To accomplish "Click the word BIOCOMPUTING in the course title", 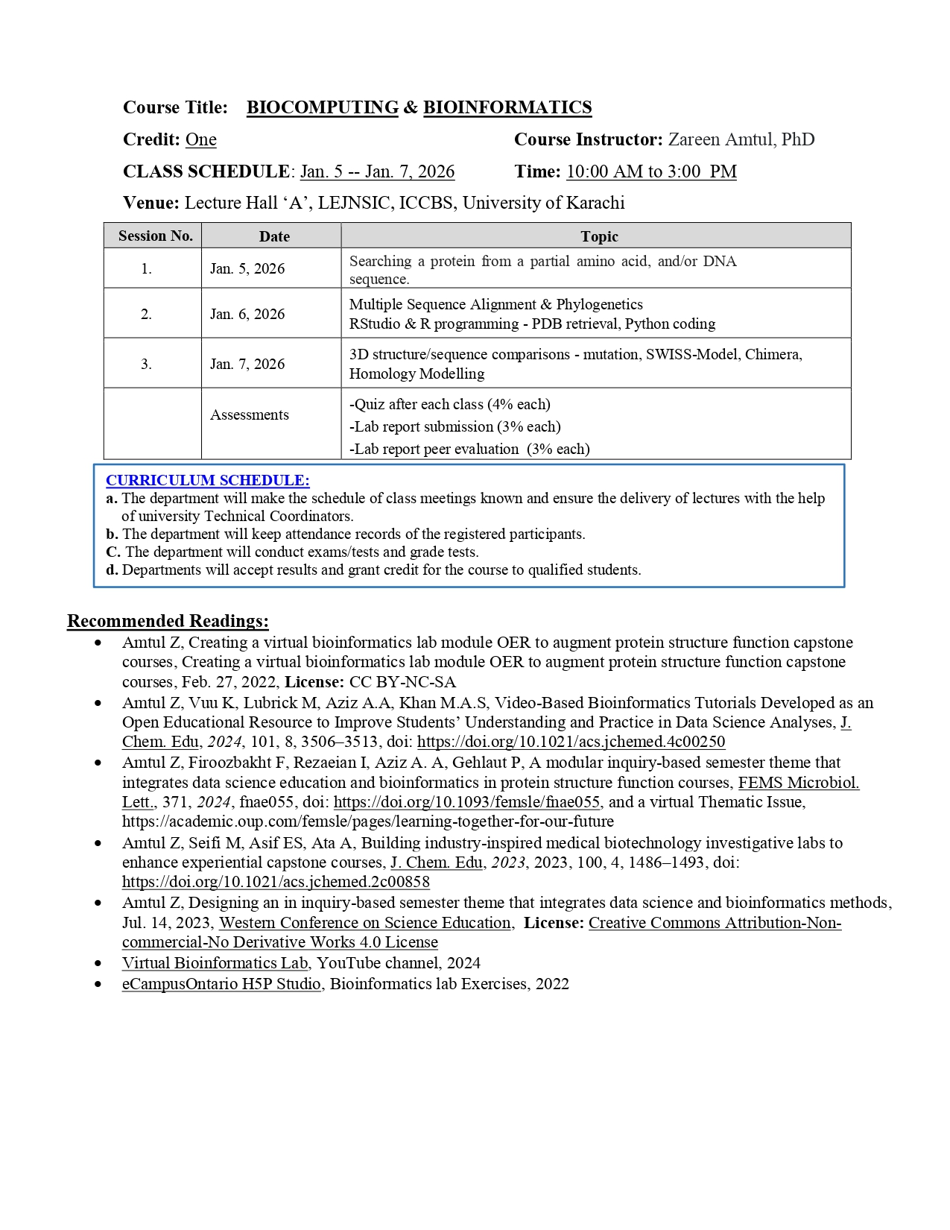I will coord(322,107).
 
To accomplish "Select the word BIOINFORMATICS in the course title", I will coord(507,107).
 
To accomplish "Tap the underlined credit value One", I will coord(200,139).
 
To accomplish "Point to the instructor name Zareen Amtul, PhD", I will coord(741,139).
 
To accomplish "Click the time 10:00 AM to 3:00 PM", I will coord(651,171).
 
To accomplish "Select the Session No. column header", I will coord(155,236).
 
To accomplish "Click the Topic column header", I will coord(599,236).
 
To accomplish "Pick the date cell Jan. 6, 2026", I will coord(247,314).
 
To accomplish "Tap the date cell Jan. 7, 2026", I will coord(247,364).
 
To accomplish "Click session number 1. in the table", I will coord(146,268).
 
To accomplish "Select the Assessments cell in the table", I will coord(249,414).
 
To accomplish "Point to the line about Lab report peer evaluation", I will coord(469,449).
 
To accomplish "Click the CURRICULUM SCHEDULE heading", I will coord(207,480).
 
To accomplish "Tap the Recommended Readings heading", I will coord(168,621).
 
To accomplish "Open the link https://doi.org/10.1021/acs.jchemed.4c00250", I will coord(571,742).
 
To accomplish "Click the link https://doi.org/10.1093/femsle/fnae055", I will coord(466,802).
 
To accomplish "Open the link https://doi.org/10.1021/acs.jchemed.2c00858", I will coord(276,882).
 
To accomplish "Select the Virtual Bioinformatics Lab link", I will coord(215,963).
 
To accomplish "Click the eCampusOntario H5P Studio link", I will coord(221,984).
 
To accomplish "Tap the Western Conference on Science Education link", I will coord(365,923).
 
